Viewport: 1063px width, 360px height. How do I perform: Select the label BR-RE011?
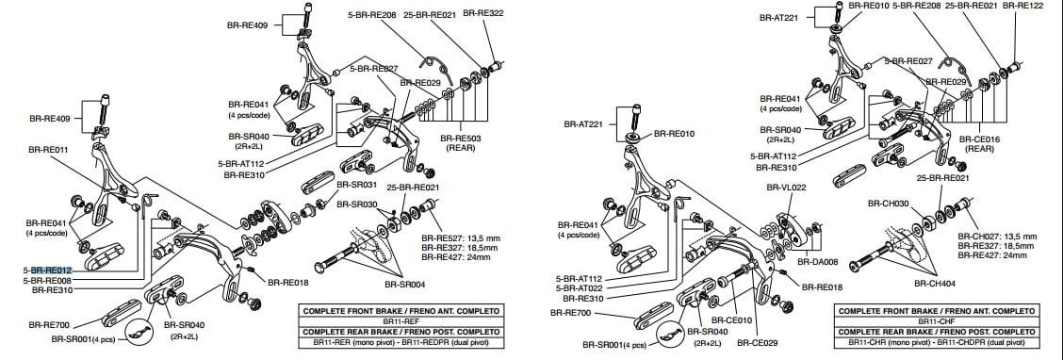coord(48,149)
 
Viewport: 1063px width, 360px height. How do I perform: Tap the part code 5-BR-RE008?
coord(45,280)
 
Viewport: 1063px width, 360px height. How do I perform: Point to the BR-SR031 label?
coord(357,185)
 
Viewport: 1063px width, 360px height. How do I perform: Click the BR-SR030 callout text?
coord(357,205)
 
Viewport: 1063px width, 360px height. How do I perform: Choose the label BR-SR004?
coord(405,284)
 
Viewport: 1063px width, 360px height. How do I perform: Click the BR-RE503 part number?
coord(460,138)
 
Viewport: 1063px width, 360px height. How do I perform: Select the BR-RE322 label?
coord(484,14)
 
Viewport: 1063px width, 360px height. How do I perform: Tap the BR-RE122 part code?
coord(1022,6)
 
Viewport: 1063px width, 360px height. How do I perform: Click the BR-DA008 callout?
coord(818,263)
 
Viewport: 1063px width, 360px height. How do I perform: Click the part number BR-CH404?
coord(935,283)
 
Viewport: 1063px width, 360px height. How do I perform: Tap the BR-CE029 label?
coord(758,343)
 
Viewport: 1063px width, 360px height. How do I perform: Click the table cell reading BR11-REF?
coord(401,320)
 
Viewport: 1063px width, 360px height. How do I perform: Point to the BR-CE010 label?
coord(758,320)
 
